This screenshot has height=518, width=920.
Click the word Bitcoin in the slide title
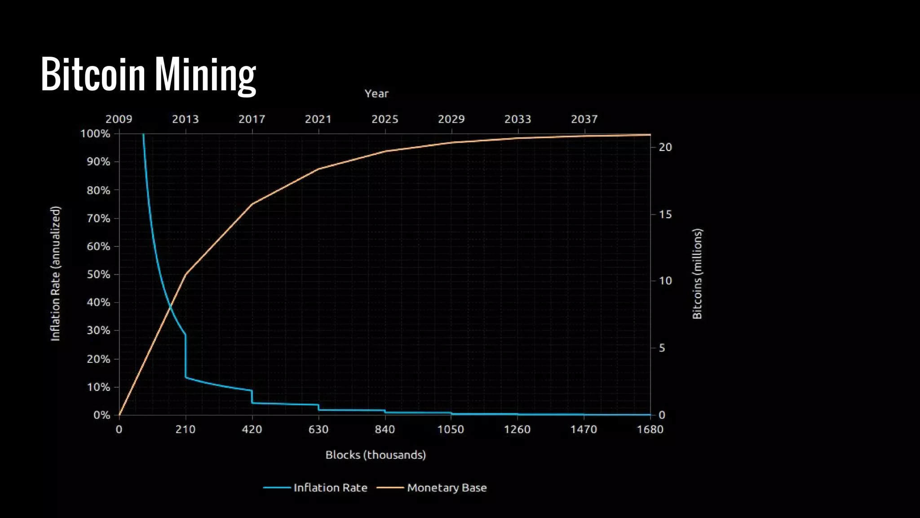[x=93, y=75]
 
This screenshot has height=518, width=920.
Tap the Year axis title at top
[x=376, y=94]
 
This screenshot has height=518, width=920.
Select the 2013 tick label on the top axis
[x=185, y=119]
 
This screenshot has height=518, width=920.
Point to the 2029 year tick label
[x=451, y=119]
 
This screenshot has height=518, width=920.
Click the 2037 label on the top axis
[x=584, y=119]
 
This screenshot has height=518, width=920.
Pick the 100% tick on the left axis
[x=95, y=134]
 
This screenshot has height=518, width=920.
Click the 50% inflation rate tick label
[x=98, y=274]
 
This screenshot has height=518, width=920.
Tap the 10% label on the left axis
[x=98, y=387]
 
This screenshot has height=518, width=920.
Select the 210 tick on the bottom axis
[x=185, y=429]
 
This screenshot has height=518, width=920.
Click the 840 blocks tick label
[x=385, y=429]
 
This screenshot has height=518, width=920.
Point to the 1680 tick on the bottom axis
[x=650, y=429]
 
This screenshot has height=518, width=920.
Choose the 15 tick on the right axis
[x=665, y=214]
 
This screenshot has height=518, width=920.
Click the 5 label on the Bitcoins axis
[x=662, y=348]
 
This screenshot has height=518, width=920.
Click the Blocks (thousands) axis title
[x=376, y=455]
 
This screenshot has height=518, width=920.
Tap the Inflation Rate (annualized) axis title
[x=55, y=273]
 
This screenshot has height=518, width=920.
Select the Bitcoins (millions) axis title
[x=697, y=273]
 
